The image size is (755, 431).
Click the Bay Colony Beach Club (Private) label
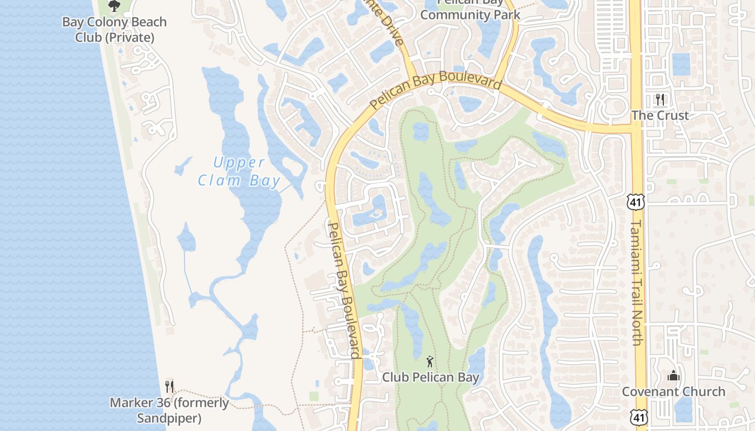coord(114,30)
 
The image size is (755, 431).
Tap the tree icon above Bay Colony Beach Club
coord(114,6)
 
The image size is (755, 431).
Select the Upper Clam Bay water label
coord(239,171)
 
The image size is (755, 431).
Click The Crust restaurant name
coord(660,115)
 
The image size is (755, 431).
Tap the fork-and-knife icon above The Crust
coord(660,100)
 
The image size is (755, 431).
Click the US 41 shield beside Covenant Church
coord(639,417)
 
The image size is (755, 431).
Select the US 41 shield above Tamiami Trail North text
coord(635,202)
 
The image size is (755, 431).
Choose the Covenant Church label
coord(673,391)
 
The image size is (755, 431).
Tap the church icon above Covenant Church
coord(673,376)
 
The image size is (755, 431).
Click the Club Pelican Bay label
coord(430,377)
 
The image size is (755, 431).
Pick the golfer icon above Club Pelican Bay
coord(430,362)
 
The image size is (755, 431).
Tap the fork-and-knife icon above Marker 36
coord(169,386)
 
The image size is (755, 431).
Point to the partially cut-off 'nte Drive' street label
coord(386,24)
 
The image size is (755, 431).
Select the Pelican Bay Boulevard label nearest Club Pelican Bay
coord(344,291)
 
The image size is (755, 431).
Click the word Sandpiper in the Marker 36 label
coord(169,418)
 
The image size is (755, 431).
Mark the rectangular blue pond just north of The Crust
coord(682,64)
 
